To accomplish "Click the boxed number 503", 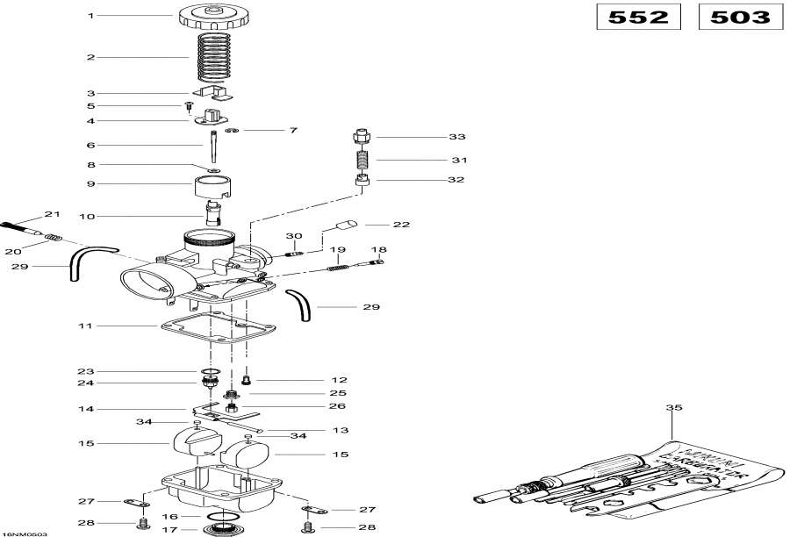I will [740, 18].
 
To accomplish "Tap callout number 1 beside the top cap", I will [90, 16].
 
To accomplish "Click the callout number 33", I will [456, 138].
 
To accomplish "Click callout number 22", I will [401, 225].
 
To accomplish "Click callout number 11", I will [86, 326].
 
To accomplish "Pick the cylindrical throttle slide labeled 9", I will [212, 188].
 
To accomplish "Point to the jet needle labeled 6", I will [212, 144].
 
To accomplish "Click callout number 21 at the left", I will [51, 215].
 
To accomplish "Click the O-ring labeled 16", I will [224, 516].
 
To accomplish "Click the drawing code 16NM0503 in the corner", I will [25, 533].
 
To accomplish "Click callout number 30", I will [293, 237].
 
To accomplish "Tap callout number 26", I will [312, 406].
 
